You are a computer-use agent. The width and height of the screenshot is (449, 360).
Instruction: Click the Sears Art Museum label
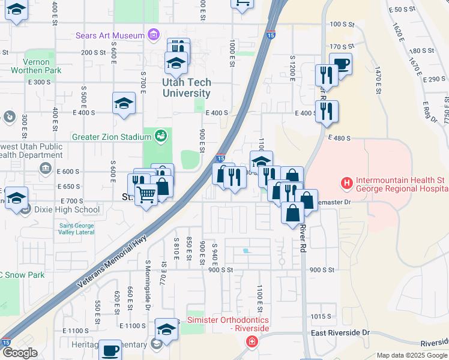click(110, 35)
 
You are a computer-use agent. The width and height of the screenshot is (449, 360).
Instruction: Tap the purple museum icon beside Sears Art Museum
click(154, 35)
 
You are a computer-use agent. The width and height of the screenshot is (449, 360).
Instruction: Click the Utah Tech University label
click(186, 88)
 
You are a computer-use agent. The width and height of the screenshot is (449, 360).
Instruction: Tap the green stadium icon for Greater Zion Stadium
click(160, 136)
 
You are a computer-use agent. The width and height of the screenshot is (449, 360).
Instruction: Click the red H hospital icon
click(346, 182)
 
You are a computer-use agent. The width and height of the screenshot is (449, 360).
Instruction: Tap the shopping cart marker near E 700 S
click(146, 195)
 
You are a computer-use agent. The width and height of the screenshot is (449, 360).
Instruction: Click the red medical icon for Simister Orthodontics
click(252, 341)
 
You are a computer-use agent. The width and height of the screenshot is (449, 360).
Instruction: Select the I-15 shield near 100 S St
click(271, 35)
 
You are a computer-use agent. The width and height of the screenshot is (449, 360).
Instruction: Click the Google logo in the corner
click(19, 353)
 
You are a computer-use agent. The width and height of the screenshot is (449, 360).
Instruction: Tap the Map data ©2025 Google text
click(412, 355)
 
